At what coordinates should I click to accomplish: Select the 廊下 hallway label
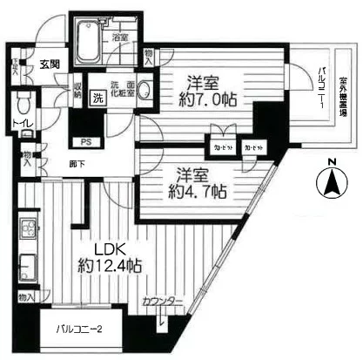(51, 162)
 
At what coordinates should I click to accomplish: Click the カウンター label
(163, 300)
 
